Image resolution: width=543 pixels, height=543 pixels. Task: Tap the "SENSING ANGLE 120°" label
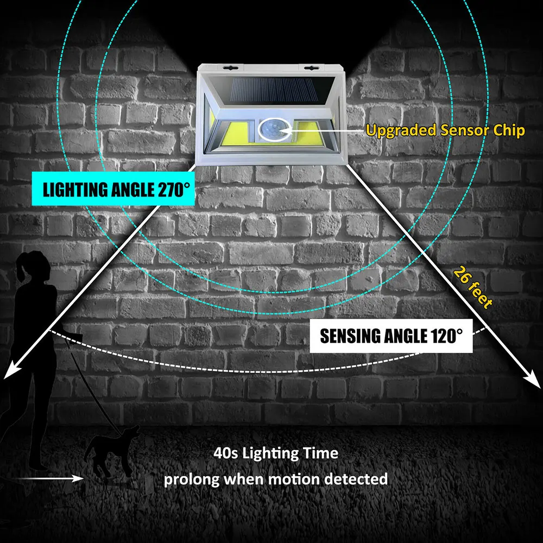(391, 336)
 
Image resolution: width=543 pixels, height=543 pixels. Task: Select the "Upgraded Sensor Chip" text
(445, 130)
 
